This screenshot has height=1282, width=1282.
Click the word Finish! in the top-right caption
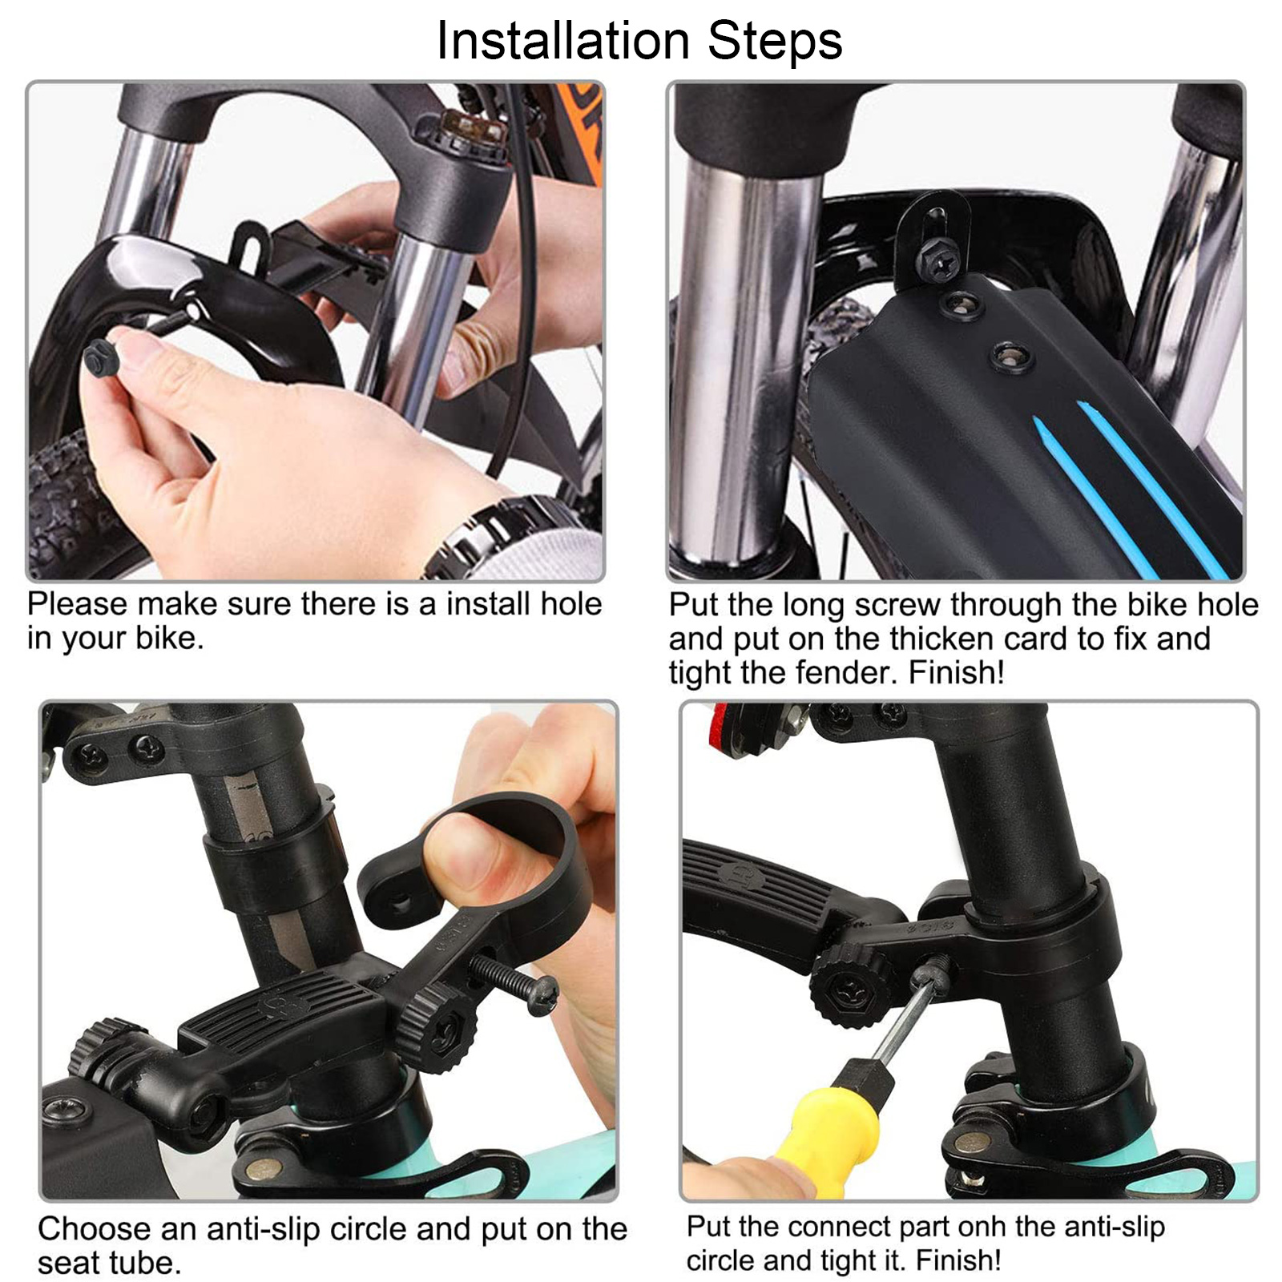tap(956, 672)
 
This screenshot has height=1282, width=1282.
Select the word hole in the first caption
tap(570, 603)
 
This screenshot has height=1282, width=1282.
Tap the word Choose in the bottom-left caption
tap(95, 1228)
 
